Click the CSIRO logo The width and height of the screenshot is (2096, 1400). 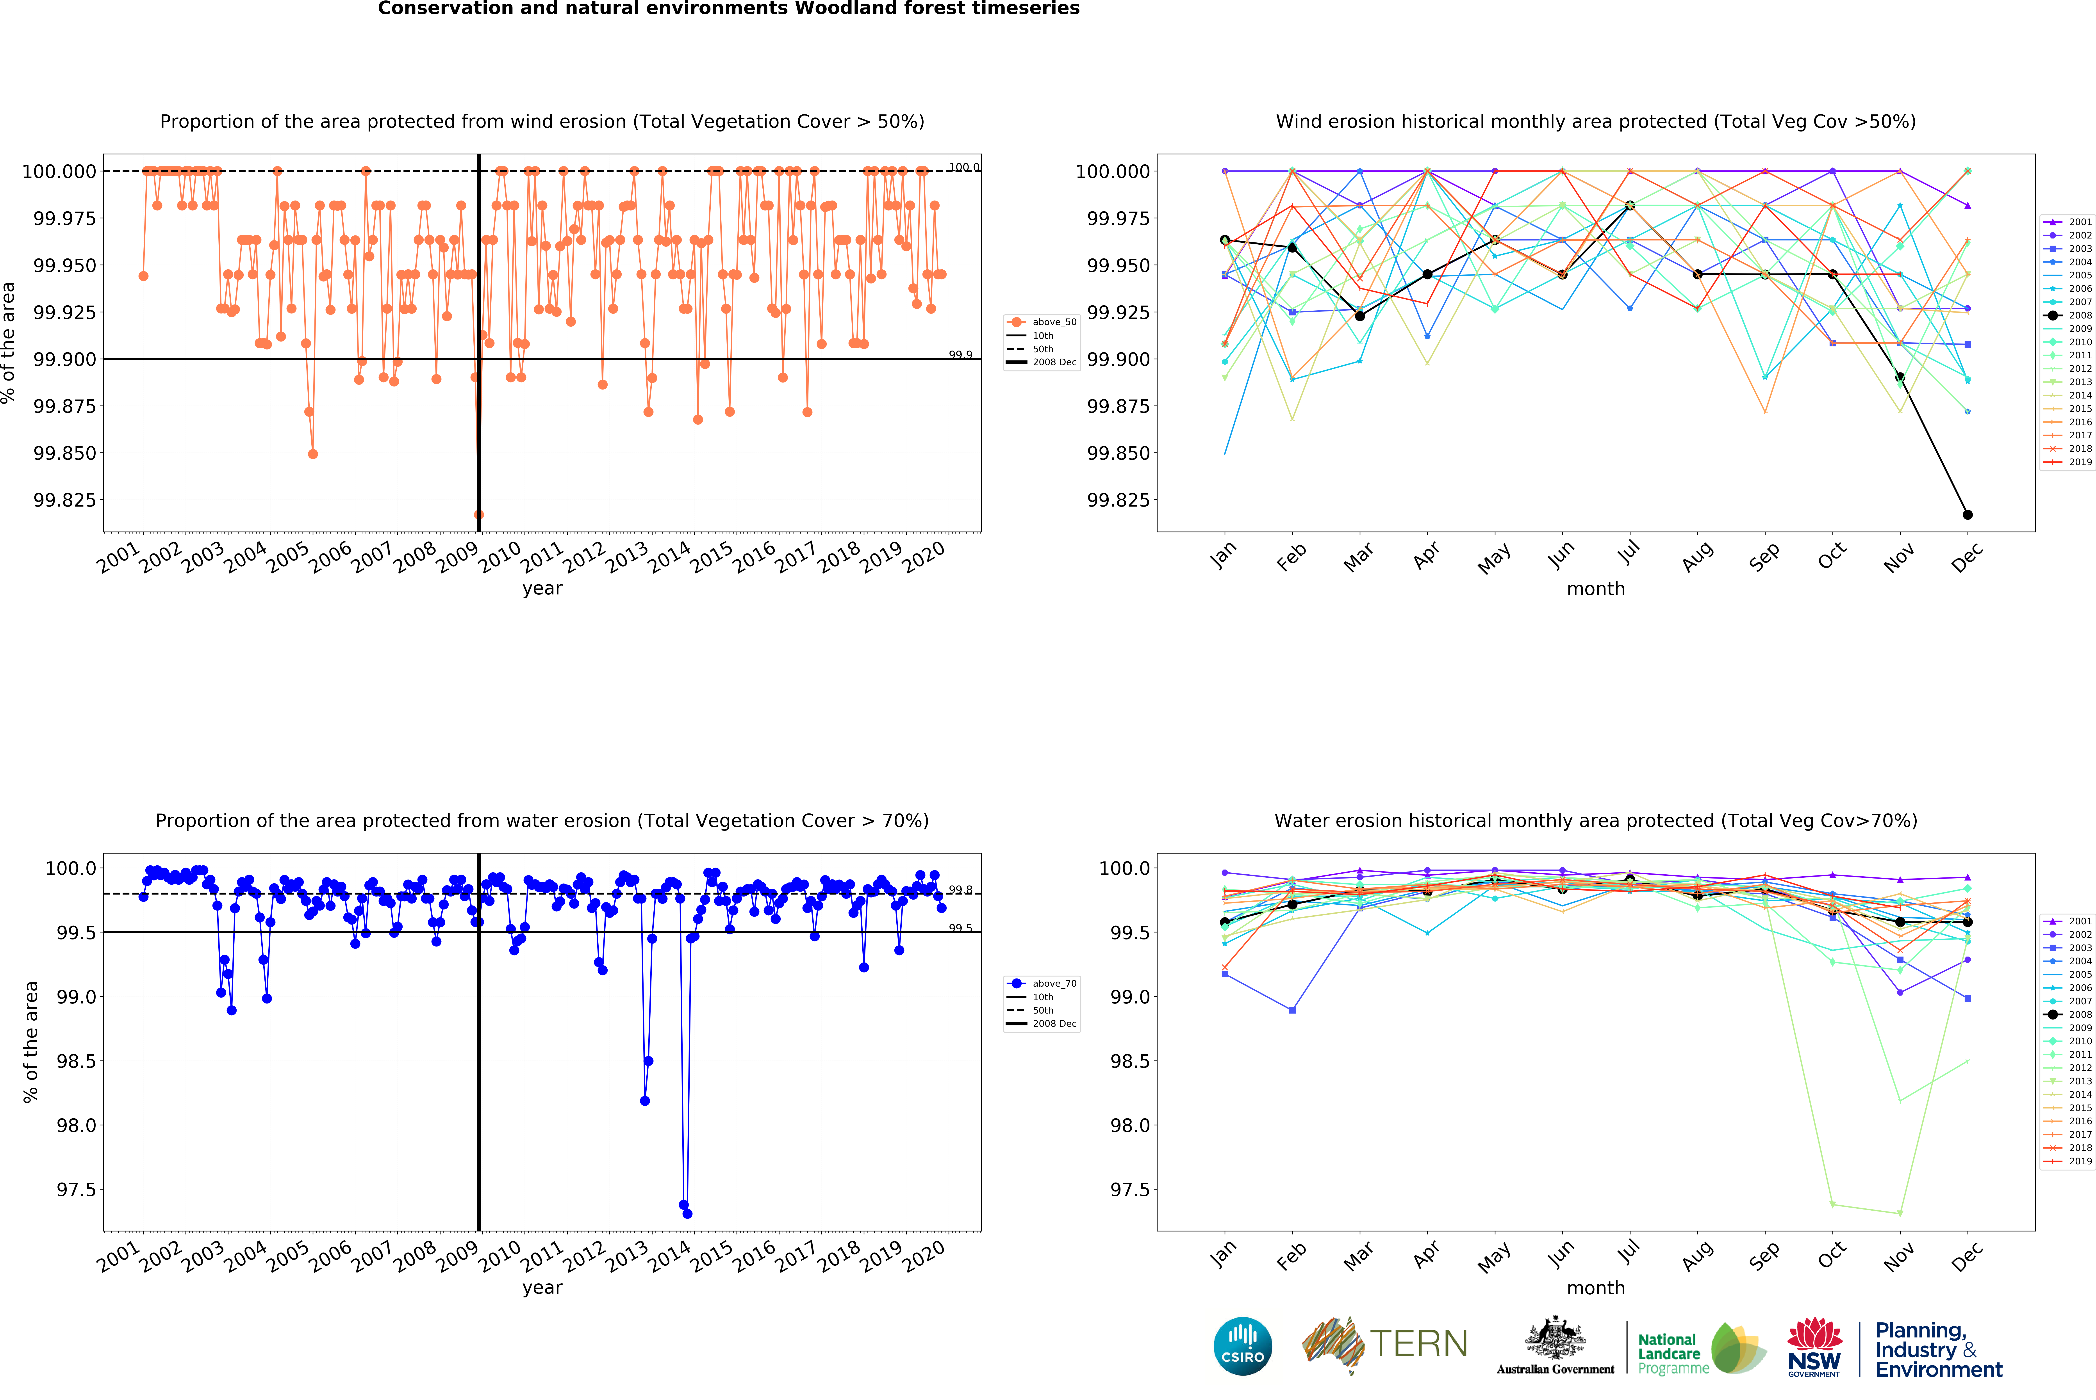[1242, 1346]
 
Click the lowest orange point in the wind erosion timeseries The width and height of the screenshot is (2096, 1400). [479, 514]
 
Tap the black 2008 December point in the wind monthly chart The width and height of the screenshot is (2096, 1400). [1968, 514]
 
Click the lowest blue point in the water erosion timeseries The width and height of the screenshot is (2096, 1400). [687, 1213]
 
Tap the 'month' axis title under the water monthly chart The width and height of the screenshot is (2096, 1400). [1595, 1288]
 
